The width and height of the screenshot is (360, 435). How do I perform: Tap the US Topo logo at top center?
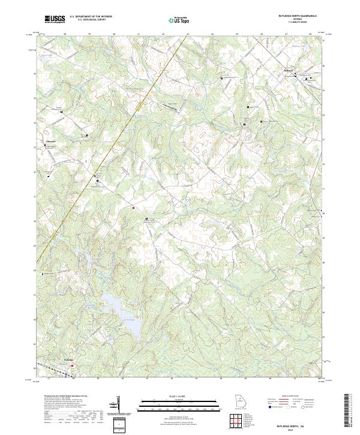180,20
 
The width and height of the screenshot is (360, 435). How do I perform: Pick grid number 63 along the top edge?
188,34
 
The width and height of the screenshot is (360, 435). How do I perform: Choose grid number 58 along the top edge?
64,34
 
